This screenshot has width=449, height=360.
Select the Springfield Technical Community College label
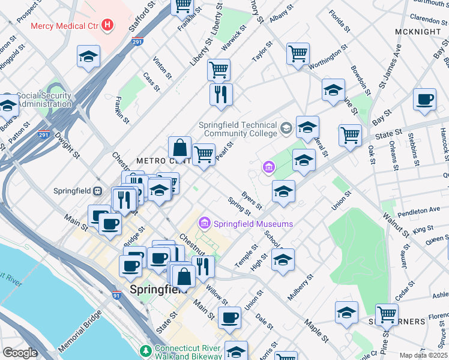(x=238, y=130)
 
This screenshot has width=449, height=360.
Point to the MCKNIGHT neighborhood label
(x=418, y=31)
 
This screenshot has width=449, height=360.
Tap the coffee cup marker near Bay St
(x=424, y=100)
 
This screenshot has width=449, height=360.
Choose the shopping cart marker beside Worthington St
(x=298, y=54)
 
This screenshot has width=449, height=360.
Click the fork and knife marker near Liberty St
(x=221, y=94)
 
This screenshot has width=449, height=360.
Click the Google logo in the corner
(x=20, y=353)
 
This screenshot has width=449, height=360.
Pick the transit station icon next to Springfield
(x=97, y=191)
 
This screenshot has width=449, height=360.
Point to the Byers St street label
(x=252, y=200)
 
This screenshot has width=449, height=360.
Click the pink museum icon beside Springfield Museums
(x=204, y=223)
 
